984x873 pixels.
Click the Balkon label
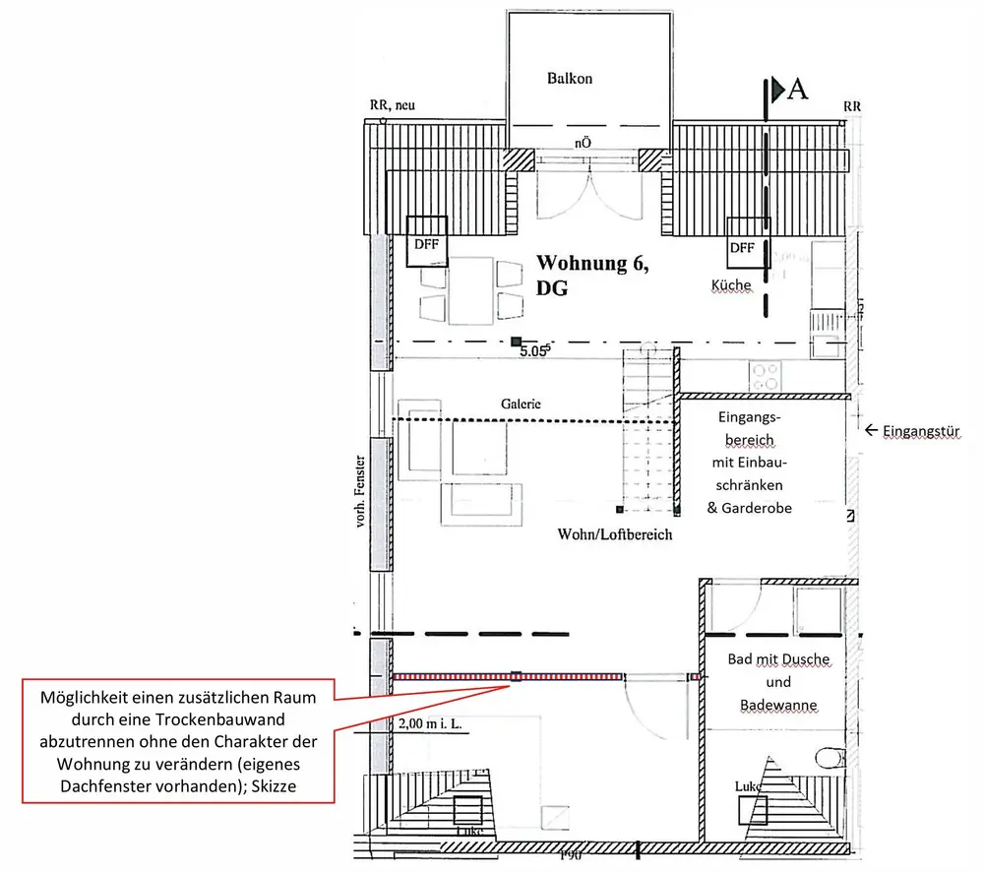click(x=570, y=79)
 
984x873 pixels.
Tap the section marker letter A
click(x=798, y=89)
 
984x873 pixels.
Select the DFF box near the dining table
click(x=426, y=242)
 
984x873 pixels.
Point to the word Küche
click(x=731, y=285)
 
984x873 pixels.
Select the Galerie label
click(x=521, y=404)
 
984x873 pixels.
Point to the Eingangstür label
click(x=920, y=430)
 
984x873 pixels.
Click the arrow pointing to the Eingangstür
click(x=871, y=430)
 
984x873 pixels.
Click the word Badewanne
click(x=777, y=706)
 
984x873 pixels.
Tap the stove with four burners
click(x=766, y=376)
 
